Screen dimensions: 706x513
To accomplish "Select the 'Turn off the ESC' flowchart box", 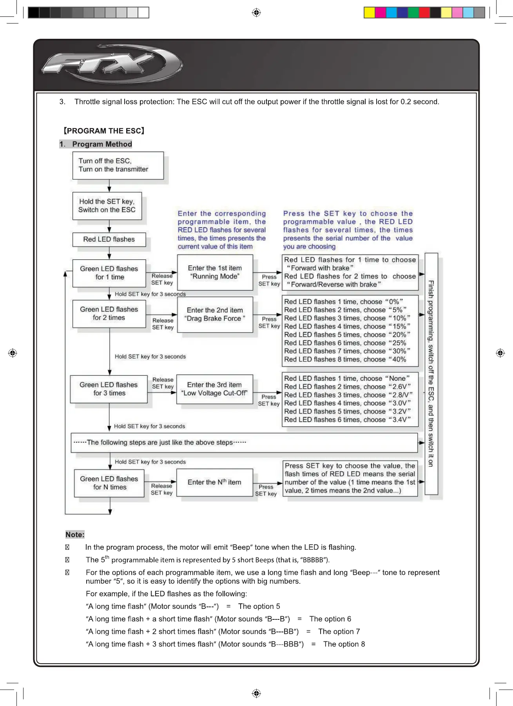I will (118, 165).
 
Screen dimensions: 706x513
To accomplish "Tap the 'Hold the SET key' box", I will (107, 206).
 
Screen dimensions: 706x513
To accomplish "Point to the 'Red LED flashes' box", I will (109, 239).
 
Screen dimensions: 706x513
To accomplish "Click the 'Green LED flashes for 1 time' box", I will (109, 273).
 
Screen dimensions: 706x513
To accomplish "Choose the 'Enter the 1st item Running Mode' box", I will (215, 272).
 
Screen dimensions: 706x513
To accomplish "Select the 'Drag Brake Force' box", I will (215, 315).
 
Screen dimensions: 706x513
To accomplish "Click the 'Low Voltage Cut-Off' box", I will (214, 389).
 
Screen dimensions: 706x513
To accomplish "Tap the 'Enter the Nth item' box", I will (214, 482).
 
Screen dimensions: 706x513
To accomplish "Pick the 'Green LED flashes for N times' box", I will (109, 483).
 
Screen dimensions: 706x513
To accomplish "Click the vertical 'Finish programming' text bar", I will (431, 373).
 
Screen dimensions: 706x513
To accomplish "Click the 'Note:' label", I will (75, 535).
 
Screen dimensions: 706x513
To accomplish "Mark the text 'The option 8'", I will (344, 644).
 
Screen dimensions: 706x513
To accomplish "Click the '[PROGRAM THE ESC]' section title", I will (104, 131).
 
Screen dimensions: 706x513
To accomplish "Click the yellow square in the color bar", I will (369, 13).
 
